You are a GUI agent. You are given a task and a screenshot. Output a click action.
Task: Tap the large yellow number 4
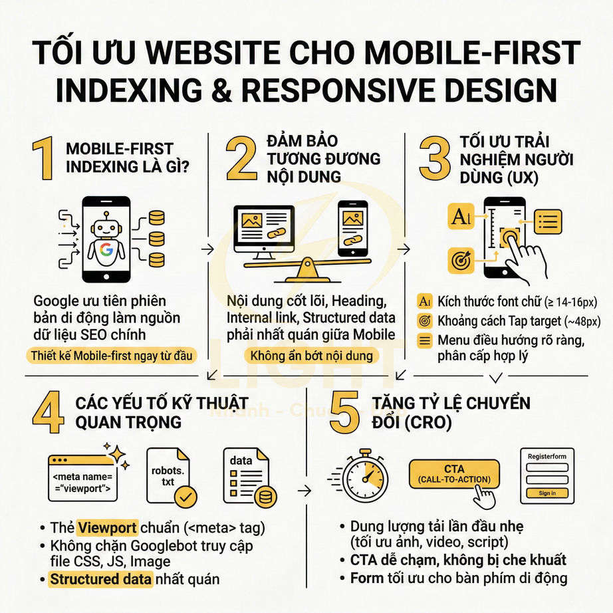coord(47,413)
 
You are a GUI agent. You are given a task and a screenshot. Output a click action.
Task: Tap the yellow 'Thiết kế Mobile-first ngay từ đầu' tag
coord(112,356)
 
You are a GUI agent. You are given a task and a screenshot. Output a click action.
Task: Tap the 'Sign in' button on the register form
coord(547,493)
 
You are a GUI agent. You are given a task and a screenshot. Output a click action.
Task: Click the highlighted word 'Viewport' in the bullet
coord(107,529)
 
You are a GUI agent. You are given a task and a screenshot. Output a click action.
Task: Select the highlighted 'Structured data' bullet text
coord(102,578)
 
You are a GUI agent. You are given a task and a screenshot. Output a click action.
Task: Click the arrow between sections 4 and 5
coord(305,491)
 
